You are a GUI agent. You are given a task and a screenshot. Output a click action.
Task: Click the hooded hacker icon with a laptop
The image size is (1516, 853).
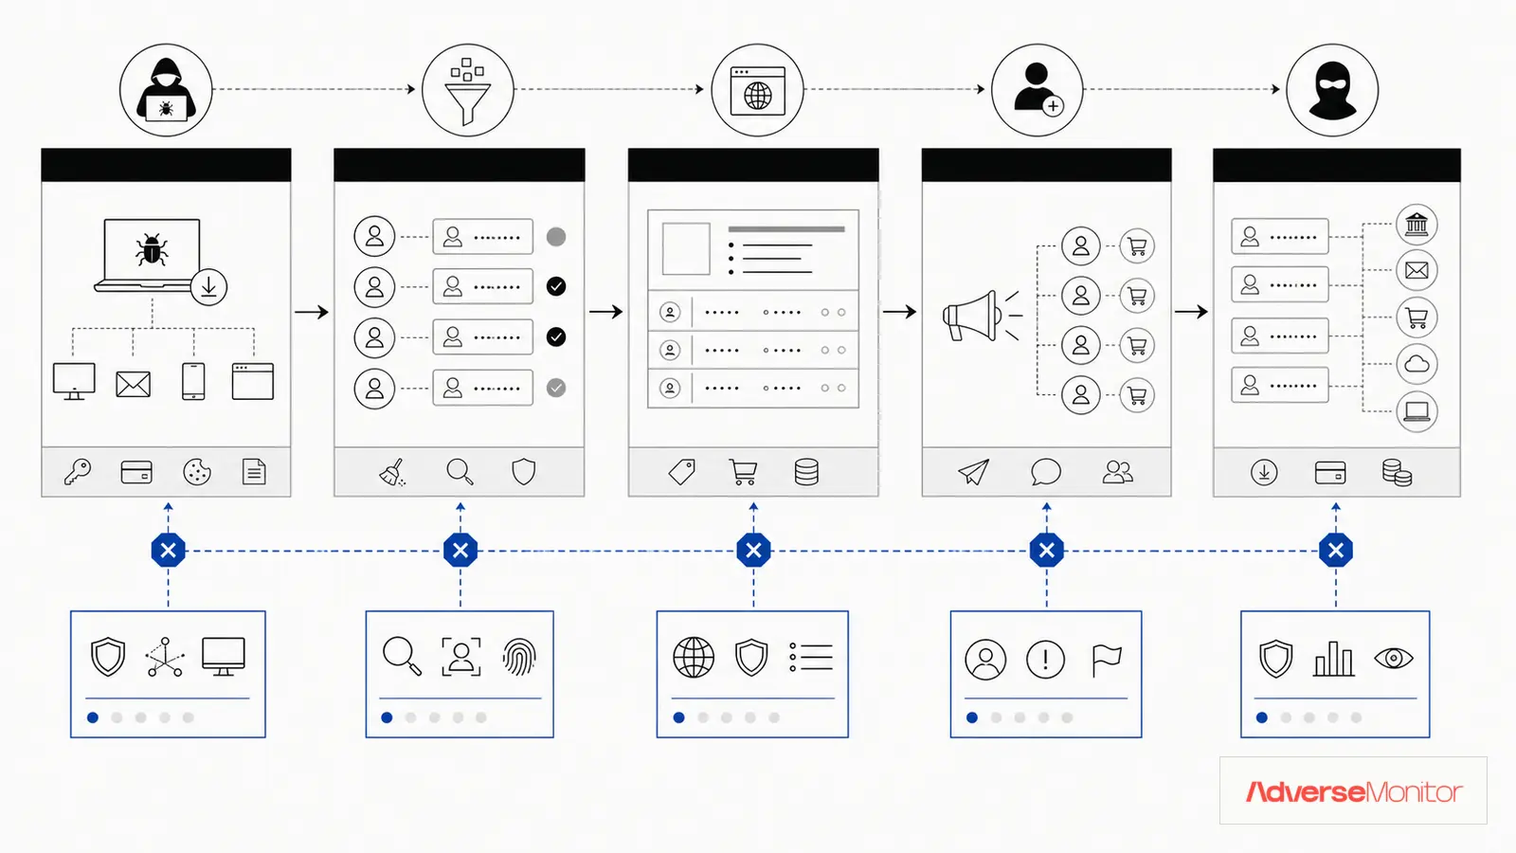click(x=166, y=90)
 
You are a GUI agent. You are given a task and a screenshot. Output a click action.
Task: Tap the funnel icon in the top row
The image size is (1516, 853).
click(x=467, y=91)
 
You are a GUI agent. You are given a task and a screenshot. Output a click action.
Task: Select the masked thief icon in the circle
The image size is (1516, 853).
click(x=1332, y=91)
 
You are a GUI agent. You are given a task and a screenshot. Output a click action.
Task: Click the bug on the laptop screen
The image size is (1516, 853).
click(x=152, y=249)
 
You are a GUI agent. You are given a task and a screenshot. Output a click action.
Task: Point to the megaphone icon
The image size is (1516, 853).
click(x=980, y=316)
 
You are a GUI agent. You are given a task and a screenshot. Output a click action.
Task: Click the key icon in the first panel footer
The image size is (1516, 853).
click(x=78, y=472)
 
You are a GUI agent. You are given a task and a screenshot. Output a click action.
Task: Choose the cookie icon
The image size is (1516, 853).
click(x=197, y=472)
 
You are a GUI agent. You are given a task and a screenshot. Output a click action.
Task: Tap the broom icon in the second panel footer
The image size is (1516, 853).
click(x=392, y=472)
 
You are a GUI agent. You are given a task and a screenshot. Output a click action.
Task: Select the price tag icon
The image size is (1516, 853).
click(x=681, y=472)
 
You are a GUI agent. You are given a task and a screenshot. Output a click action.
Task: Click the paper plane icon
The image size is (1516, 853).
click(x=973, y=472)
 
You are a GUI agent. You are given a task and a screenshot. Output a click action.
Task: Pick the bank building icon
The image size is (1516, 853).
click(x=1417, y=224)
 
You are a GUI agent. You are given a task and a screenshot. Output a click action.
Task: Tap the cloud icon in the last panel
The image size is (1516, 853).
click(x=1417, y=364)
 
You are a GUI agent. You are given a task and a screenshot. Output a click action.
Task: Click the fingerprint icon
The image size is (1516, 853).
click(x=519, y=657)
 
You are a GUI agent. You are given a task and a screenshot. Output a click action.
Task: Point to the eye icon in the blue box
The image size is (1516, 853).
click(x=1394, y=658)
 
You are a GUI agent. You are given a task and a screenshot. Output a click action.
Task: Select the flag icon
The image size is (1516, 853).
click(x=1107, y=660)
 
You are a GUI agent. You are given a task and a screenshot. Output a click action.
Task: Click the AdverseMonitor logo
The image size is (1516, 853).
click(x=1354, y=791)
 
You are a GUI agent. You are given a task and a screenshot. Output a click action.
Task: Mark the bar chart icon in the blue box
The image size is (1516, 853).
click(x=1333, y=659)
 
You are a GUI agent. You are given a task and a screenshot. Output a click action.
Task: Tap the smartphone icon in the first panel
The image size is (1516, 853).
click(x=193, y=381)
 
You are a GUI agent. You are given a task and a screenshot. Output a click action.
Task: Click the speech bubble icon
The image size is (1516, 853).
click(x=1046, y=472)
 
